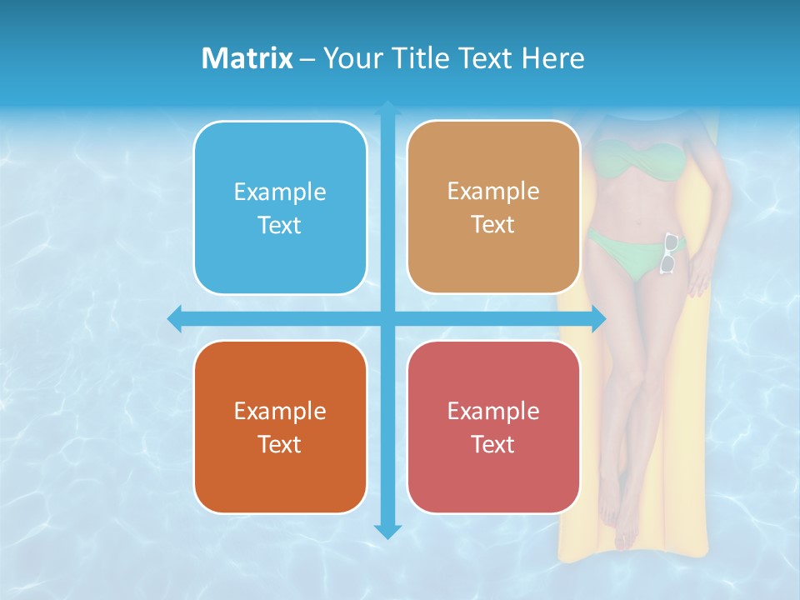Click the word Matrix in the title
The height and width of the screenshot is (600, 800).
tap(247, 58)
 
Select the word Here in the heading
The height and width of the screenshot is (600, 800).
tap(553, 58)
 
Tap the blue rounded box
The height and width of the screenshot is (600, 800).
tap(280, 207)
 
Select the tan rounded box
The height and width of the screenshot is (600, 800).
tap(493, 207)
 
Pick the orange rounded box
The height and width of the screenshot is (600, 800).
tap(280, 427)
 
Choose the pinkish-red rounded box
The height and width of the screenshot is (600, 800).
tap(493, 427)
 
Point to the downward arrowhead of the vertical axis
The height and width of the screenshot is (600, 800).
tap(387, 531)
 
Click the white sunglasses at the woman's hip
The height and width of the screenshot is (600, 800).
tap(669, 253)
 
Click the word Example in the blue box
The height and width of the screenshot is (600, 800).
tap(280, 192)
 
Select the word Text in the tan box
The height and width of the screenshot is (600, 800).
tap(493, 225)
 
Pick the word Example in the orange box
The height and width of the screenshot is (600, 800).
tap(280, 411)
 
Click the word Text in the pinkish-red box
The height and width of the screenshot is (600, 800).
tap(493, 444)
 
